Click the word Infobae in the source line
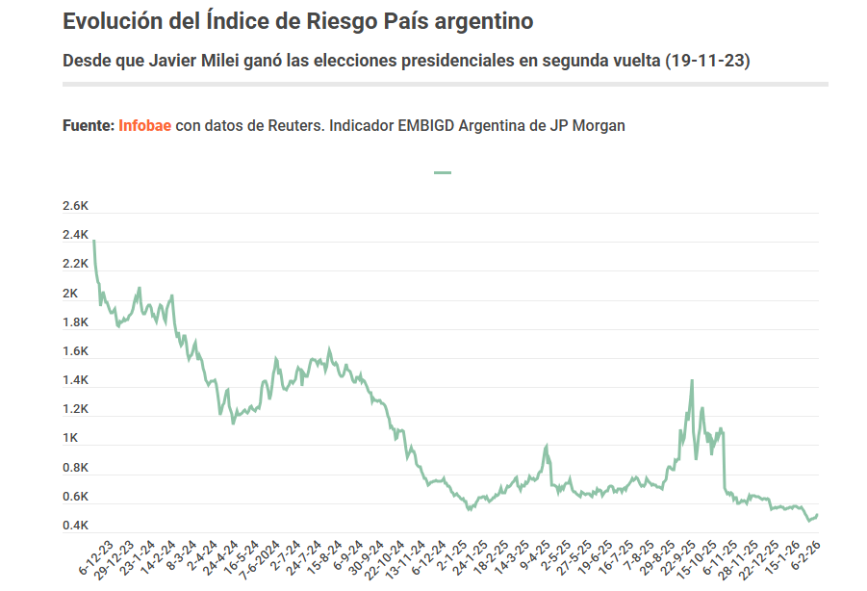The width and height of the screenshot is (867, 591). tap(145, 125)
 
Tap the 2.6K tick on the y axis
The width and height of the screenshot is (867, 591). tap(75, 206)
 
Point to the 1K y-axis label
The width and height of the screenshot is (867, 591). tap(70, 438)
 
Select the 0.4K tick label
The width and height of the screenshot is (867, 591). tap(75, 526)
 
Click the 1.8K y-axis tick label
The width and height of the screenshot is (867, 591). tap(75, 322)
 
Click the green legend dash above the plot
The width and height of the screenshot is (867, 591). tap(443, 172)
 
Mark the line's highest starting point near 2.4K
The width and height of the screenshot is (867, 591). tap(93, 241)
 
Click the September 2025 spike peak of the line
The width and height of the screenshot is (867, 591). tap(692, 381)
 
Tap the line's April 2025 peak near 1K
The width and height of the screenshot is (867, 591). tap(547, 446)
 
